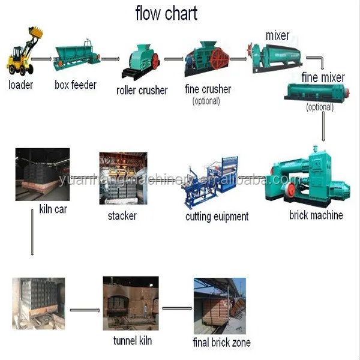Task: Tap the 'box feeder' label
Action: point(75,85)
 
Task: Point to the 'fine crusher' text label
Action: point(208,89)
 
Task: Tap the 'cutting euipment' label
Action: point(217,216)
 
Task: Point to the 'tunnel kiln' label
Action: point(132,341)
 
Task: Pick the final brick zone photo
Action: point(219,306)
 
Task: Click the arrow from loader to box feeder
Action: point(41,59)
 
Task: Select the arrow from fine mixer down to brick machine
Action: point(324,126)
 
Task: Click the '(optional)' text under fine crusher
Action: point(206,101)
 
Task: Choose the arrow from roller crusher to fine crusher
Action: point(173,59)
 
